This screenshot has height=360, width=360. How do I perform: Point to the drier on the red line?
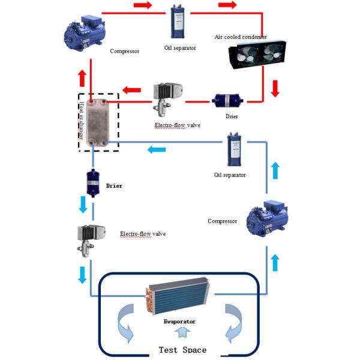point(227,101)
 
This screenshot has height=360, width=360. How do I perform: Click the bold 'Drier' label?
point(114,186)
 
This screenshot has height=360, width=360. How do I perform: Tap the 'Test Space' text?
point(182,350)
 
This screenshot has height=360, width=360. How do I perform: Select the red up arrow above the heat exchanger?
point(83,77)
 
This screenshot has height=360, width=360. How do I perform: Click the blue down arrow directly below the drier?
point(83,206)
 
